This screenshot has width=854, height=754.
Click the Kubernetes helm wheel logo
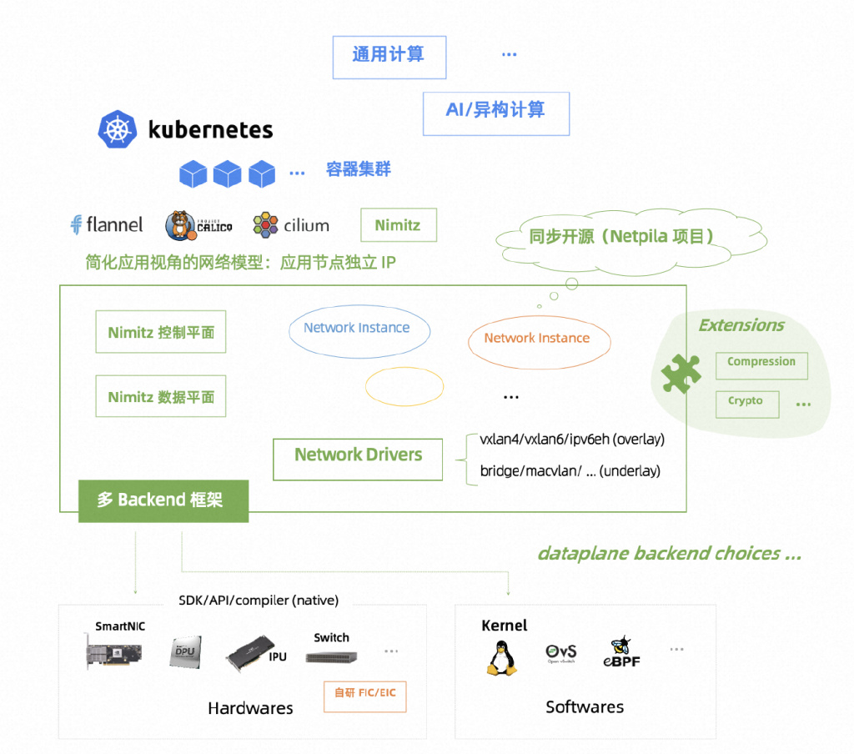point(117,129)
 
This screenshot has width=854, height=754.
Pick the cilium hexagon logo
point(265,225)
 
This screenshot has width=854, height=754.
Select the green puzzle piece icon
point(681,374)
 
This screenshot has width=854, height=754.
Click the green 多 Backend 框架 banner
point(163,501)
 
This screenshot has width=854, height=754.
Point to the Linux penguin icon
point(501,658)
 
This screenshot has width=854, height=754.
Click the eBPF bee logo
point(621,651)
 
